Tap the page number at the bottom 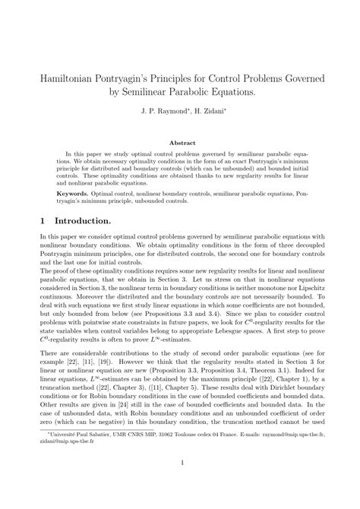pos(180,484)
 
